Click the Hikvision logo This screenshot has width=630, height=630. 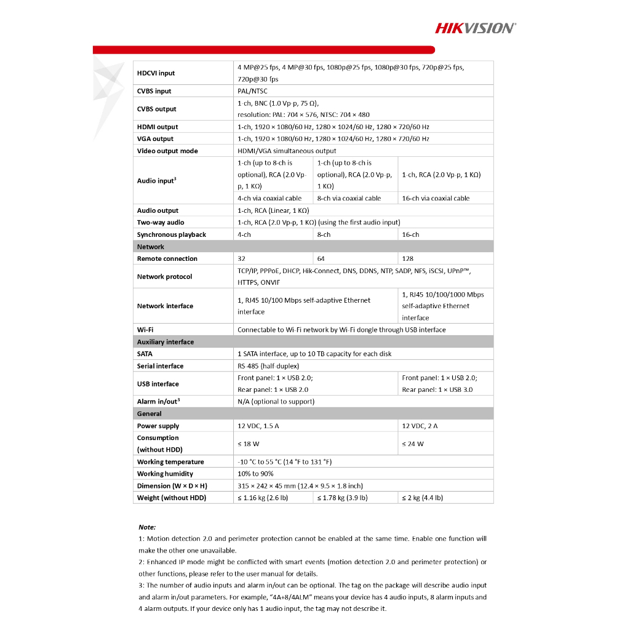click(x=476, y=28)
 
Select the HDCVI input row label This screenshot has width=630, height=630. click(x=156, y=73)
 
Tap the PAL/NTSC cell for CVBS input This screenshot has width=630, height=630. click(x=252, y=91)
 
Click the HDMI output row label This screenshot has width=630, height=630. click(x=157, y=127)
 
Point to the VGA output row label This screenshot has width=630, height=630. click(x=155, y=139)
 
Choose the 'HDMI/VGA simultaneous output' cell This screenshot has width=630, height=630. click(x=287, y=151)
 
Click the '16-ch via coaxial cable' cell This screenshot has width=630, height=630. click(x=436, y=198)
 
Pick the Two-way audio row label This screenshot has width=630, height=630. click(x=161, y=223)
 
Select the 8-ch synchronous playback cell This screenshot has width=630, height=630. click(x=324, y=234)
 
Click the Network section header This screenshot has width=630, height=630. click(x=151, y=247)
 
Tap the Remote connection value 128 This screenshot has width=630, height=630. click(x=407, y=258)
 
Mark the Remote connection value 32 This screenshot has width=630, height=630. click(x=241, y=258)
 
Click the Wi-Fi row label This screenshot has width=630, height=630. click(x=145, y=330)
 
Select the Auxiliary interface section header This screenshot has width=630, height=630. click(x=165, y=342)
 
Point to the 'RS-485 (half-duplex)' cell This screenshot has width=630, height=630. click(x=268, y=366)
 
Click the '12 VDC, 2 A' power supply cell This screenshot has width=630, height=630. click(x=420, y=426)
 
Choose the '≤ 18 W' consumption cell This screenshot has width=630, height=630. click(x=248, y=444)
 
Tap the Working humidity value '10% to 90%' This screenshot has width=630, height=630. click(x=255, y=474)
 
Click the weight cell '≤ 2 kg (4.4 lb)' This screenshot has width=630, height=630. click(x=422, y=498)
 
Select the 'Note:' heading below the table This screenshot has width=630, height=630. click(x=147, y=527)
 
